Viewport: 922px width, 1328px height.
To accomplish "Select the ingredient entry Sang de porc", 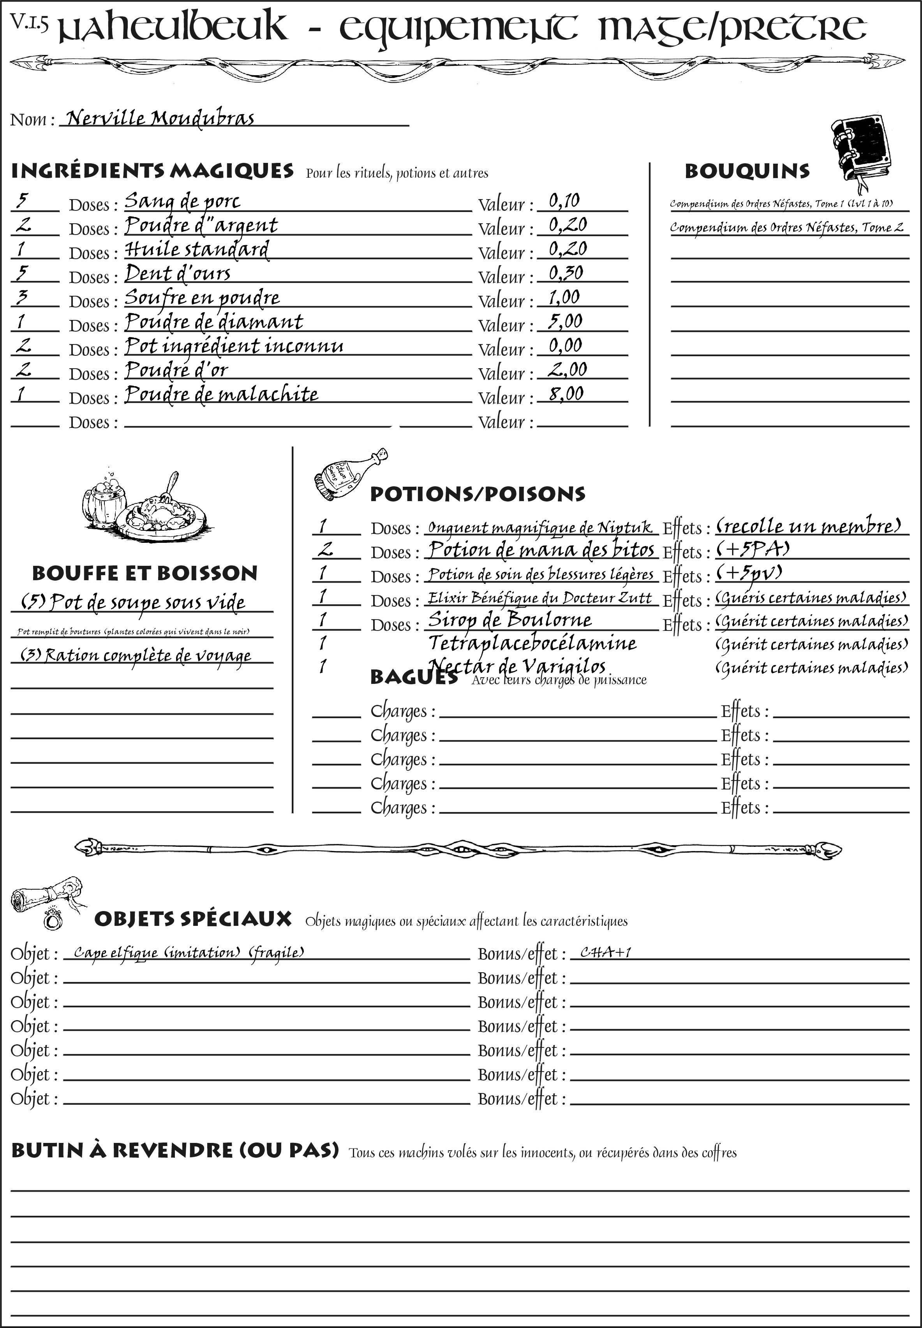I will click(182, 202).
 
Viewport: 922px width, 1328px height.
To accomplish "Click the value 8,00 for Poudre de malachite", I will click(566, 394).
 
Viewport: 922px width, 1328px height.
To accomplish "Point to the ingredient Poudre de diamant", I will click(214, 322).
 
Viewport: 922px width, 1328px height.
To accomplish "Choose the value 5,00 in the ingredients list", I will click(565, 321).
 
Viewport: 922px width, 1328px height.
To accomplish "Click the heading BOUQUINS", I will click(747, 171).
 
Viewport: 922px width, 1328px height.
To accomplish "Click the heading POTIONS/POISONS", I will click(477, 494).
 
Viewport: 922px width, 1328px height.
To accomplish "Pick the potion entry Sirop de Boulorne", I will click(509, 620).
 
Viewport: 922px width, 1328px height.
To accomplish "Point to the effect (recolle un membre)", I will click(808, 526).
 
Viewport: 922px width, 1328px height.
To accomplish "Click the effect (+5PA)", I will click(752, 549).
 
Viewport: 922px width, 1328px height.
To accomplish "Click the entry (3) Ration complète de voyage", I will click(136, 655).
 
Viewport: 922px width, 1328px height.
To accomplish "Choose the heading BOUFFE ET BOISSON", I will click(145, 573).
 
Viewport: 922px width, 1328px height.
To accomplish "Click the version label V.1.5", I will click(29, 21).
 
